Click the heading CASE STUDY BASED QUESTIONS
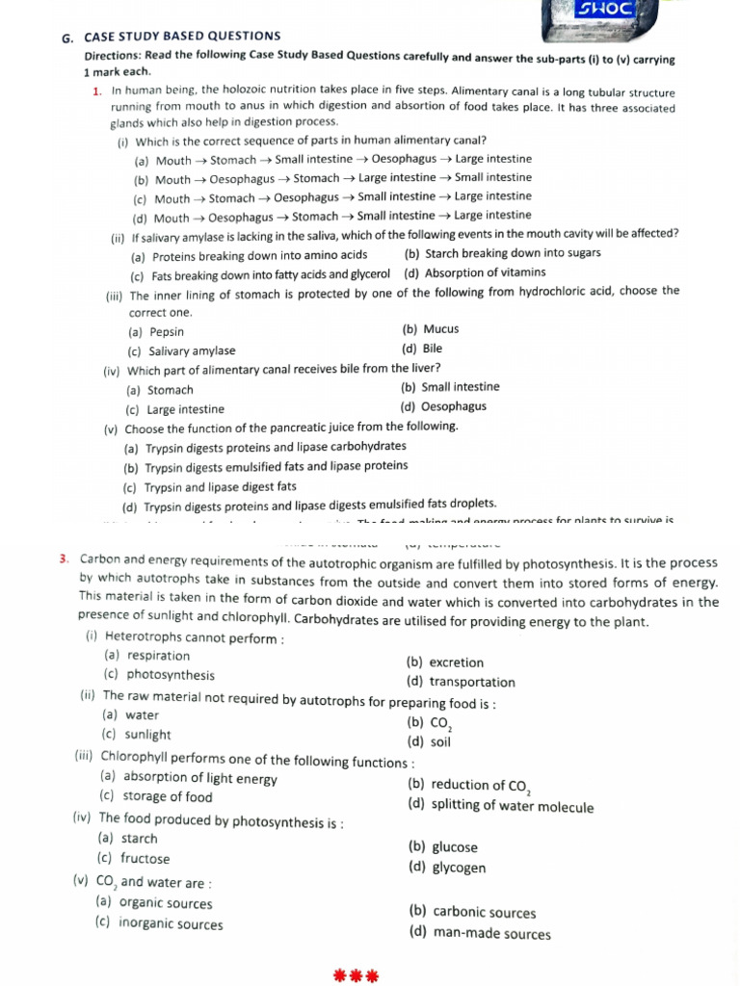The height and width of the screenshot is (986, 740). coord(183,37)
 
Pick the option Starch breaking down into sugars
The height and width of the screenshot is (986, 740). coord(503,253)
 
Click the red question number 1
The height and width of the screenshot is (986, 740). coord(97,91)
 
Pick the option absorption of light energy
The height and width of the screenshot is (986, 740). coord(189,778)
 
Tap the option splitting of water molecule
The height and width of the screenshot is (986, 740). coord(501,807)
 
